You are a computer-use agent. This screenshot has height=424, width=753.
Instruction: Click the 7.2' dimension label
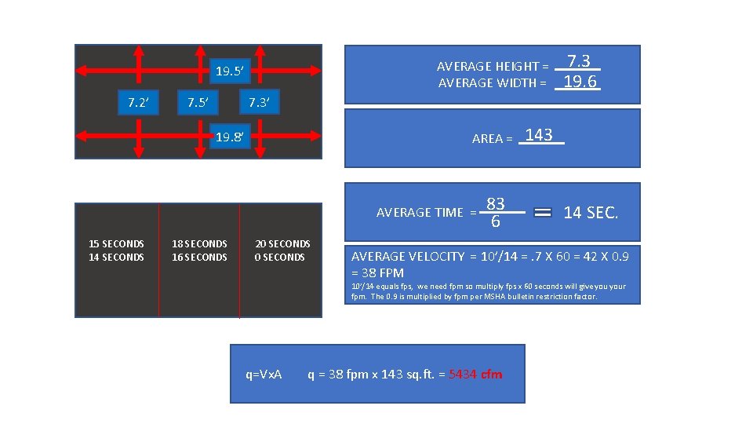pyautogui.click(x=138, y=102)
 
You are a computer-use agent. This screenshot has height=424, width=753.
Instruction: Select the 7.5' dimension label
pyautogui.click(x=195, y=102)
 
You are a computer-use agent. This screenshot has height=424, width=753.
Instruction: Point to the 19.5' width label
pyautogui.click(x=231, y=73)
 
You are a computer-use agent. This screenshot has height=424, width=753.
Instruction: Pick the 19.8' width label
pyautogui.click(x=231, y=138)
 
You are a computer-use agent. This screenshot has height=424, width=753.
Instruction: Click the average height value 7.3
pyautogui.click(x=579, y=61)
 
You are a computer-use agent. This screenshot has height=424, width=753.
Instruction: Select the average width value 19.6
pyautogui.click(x=579, y=82)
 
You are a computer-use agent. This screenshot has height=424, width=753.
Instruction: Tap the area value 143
pyautogui.click(x=540, y=135)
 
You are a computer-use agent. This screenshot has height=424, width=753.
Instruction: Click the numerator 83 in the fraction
pyautogui.click(x=495, y=204)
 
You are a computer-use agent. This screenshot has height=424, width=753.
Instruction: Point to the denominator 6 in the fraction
pyautogui.click(x=495, y=222)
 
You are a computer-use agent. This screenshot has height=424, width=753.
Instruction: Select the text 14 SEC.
pyautogui.click(x=591, y=213)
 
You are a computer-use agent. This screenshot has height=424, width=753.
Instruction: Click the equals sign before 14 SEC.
pyautogui.click(x=543, y=213)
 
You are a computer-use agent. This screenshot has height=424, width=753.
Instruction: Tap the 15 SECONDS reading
pyautogui.click(x=117, y=244)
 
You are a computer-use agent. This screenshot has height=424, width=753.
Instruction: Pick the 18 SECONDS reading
pyautogui.click(x=199, y=244)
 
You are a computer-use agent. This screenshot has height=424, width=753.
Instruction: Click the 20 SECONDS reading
pyautogui.click(x=282, y=244)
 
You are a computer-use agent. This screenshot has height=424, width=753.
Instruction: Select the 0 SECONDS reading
pyautogui.click(x=280, y=258)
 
